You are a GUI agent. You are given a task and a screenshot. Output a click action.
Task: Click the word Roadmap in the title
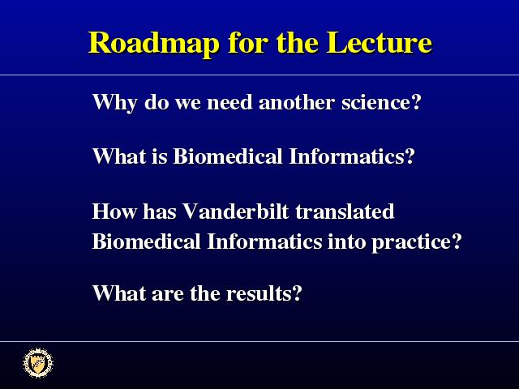tap(153, 44)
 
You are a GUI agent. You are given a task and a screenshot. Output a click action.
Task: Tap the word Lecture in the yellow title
tap(379, 42)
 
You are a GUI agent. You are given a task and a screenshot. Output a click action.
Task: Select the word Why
tap(114, 103)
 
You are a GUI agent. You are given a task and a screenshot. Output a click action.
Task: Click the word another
tap(296, 102)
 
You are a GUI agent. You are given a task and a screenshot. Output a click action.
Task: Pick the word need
tap(229, 102)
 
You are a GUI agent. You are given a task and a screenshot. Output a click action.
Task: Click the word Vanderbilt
tap(236, 211)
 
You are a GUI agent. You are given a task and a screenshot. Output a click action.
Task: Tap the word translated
tap(345, 211)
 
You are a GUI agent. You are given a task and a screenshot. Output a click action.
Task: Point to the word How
tap(114, 211)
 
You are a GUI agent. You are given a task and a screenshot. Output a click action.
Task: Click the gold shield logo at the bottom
tap(38, 363)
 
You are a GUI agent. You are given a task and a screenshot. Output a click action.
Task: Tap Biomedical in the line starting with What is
tap(228, 156)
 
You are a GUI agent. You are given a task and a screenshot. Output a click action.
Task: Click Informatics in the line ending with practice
tap(264, 242)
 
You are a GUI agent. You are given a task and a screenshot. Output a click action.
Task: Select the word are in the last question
tap(167, 294)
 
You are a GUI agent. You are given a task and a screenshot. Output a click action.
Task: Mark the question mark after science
tap(416, 102)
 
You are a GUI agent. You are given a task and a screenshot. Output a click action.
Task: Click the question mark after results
tap(297, 293)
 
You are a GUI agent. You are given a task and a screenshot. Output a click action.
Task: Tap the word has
tap(159, 211)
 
